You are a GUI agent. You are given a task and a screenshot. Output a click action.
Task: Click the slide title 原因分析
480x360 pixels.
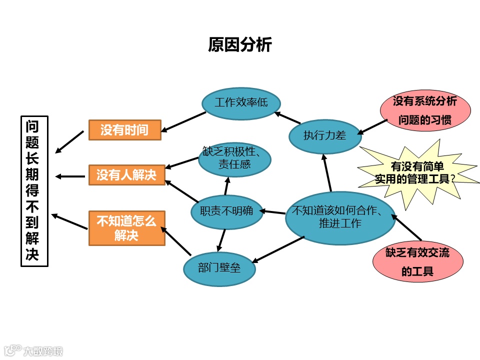[239, 45]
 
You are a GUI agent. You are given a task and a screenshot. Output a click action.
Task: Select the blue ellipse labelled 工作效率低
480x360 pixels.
[241, 103]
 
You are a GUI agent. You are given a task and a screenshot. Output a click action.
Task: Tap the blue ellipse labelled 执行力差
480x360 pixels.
[325, 135]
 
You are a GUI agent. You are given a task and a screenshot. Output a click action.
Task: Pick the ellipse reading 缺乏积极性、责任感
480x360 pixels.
[234, 157]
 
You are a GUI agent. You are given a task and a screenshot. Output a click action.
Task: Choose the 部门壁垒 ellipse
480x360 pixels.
[219, 268]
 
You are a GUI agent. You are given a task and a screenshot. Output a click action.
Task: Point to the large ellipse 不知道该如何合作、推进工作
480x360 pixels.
[340, 217]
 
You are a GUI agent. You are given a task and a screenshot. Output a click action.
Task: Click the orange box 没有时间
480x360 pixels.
[124, 130]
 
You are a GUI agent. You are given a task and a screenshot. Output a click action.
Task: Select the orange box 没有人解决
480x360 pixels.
[126, 175]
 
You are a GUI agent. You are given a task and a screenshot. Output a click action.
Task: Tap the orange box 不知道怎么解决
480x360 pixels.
[126, 228]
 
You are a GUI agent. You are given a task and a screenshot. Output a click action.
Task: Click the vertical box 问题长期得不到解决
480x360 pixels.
[34, 191]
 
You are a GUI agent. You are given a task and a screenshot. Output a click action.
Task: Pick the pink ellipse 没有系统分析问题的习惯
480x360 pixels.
[425, 111]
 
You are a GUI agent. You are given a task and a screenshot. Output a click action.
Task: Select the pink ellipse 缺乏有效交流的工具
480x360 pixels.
[417, 262]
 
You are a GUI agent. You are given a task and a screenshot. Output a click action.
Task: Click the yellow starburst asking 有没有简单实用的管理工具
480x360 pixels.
[417, 172]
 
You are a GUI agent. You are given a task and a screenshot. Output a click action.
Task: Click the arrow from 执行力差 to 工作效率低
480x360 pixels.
[288, 118]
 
